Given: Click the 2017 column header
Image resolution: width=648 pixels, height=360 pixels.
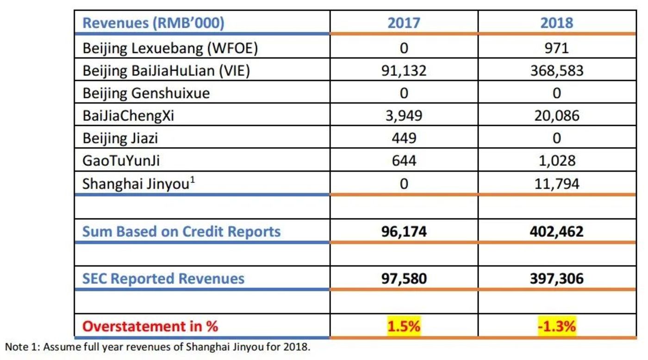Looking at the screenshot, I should (404, 23).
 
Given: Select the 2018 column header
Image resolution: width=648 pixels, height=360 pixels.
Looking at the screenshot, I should (556, 23).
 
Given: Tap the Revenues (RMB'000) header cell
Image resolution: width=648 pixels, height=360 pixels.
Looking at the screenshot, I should (153, 23).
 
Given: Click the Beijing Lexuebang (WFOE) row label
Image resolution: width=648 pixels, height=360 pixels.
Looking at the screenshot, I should (170, 48).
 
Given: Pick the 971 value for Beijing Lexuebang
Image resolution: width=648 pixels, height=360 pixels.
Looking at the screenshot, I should (556, 48).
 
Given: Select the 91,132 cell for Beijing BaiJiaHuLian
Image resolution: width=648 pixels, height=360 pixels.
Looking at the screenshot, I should (404, 71).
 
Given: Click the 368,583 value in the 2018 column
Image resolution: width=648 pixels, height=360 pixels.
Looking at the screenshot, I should (556, 71).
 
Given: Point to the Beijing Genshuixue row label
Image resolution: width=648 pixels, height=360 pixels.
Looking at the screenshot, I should (146, 93).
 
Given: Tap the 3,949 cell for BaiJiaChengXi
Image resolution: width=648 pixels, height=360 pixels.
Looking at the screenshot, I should (404, 115).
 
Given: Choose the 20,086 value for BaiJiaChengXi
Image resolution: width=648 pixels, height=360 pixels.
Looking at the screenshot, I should (556, 115).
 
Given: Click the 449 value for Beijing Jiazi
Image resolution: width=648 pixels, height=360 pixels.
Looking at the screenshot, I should (404, 138).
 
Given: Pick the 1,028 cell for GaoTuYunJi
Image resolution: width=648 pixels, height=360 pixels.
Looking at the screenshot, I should (556, 161).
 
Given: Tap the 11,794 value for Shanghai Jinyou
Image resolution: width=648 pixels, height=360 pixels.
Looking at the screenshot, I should (556, 184).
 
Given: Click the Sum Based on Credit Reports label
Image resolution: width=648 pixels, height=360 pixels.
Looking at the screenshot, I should (181, 231).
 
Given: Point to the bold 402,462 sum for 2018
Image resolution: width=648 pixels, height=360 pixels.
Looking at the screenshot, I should (556, 231).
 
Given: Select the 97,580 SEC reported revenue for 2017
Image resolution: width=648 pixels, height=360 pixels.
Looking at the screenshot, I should (404, 279).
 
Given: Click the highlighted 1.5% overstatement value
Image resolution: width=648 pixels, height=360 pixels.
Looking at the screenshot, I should (404, 326).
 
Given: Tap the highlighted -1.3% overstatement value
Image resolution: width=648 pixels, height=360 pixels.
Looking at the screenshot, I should (556, 326).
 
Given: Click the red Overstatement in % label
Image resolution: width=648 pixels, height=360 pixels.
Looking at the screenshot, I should (150, 326).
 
